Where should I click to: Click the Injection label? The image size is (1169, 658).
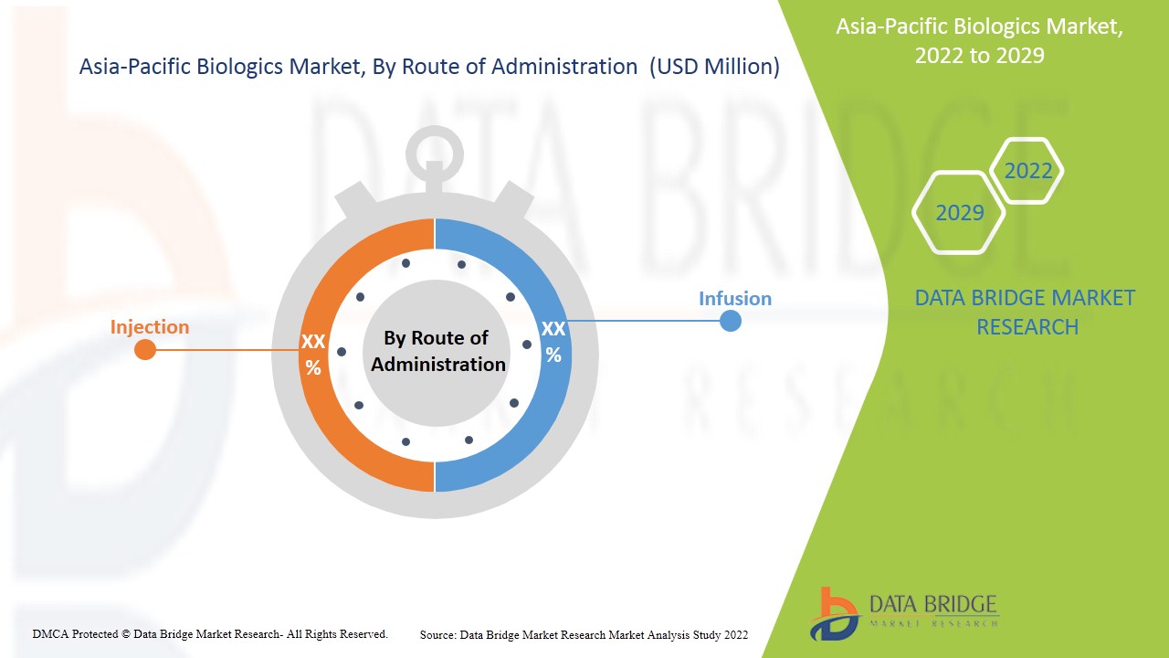[149, 327]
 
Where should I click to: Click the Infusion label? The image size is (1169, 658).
[735, 299]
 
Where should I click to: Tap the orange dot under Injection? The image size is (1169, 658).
[145, 349]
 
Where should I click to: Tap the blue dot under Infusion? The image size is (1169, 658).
[730, 321]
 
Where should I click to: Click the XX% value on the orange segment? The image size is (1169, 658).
[313, 355]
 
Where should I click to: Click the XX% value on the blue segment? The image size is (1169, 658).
[553, 342]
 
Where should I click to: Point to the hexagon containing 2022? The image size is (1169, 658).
[1027, 171]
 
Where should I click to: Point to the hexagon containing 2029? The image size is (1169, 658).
[959, 213]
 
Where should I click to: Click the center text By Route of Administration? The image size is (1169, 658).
[437, 351]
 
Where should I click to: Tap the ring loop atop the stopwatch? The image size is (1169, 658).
[434, 154]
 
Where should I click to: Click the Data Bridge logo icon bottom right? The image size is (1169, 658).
[835, 614]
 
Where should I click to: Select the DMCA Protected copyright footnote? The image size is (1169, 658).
[210, 634]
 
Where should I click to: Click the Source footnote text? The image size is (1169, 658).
[584, 635]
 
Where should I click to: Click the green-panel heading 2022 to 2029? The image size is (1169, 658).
[980, 56]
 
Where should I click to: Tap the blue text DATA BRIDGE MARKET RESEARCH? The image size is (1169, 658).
[1025, 313]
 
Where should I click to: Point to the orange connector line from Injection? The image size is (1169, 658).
[227, 350]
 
